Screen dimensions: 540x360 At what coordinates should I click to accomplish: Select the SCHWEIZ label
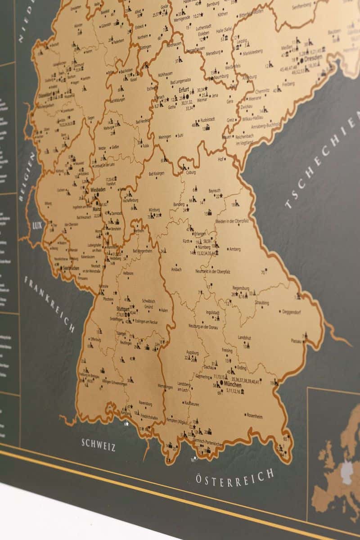point(99,444)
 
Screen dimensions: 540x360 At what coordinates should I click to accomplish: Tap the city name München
point(232,385)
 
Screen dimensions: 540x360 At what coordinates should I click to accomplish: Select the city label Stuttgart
point(123,309)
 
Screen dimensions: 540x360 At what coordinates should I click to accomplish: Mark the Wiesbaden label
point(100,190)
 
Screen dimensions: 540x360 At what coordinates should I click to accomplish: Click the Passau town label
point(296,341)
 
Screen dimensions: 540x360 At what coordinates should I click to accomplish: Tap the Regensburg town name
point(241,288)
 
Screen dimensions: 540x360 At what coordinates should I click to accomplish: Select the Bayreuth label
point(215,191)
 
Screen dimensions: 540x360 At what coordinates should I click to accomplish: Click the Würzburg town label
point(154,210)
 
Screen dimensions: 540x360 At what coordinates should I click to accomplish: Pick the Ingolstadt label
point(212,312)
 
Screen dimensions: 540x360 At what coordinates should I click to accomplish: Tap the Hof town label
point(220,159)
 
